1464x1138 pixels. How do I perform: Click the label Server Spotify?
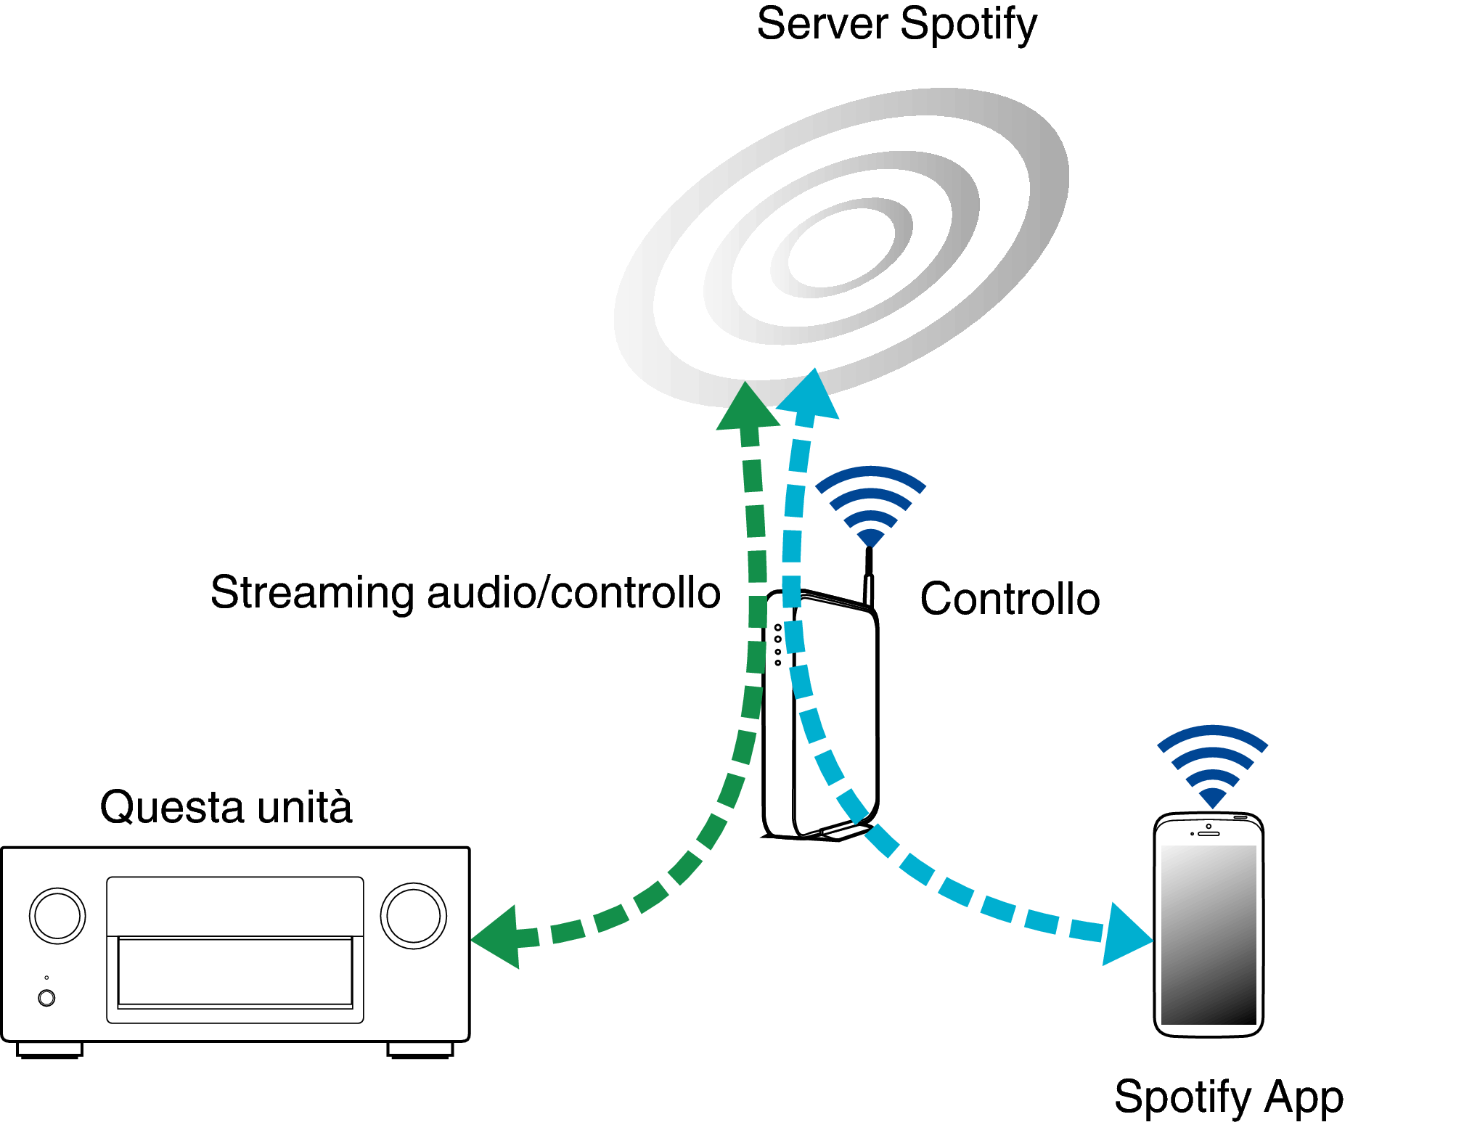(897, 25)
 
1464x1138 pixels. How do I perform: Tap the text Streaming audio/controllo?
(465, 593)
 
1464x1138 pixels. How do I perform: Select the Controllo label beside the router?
(1010, 599)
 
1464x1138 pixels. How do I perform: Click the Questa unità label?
(226, 806)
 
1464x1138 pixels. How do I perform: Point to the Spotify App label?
(1228, 1097)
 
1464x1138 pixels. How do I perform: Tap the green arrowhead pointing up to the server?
(748, 406)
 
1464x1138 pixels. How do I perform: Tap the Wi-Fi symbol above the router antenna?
(870, 507)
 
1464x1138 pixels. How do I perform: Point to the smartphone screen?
(1209, 935)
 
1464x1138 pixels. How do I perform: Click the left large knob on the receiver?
(57, 916)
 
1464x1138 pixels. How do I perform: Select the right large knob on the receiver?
(413, 916)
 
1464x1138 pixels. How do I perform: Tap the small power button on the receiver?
(46, 998)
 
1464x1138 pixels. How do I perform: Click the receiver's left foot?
(49, 1050)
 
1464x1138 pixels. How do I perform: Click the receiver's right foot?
(420, 1050)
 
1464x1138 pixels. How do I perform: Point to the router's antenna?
(869, 577)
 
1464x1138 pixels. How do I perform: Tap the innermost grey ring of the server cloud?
(841, 247)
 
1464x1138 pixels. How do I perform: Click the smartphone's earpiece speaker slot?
(1209, 834)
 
